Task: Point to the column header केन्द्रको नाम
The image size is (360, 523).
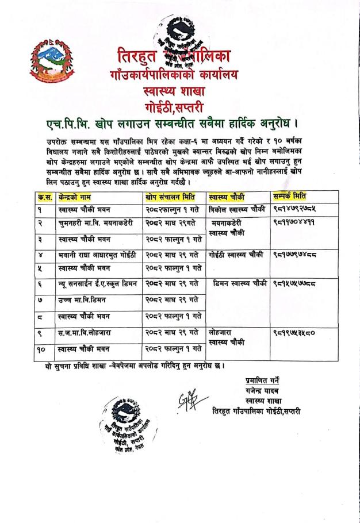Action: pos(77,197)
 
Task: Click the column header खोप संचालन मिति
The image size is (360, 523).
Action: pos(171,197)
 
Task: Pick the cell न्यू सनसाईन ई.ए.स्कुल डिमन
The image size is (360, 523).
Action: pos(97,284)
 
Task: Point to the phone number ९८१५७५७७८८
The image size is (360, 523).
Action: pos(297,284)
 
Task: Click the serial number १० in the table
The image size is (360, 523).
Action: pos(43,348)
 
